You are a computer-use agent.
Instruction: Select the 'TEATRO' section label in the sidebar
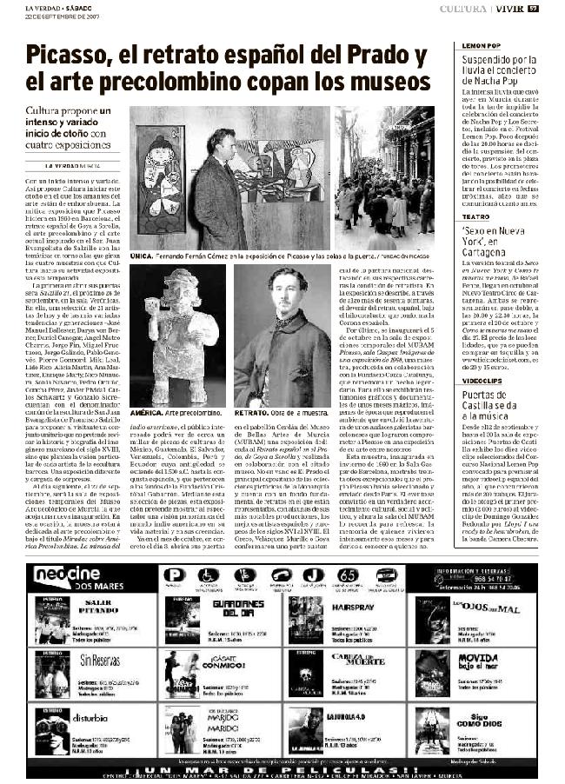point(475,216)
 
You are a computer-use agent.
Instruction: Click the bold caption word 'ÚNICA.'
point(142,256)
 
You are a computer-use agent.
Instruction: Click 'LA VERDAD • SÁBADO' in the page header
point(57,8)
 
